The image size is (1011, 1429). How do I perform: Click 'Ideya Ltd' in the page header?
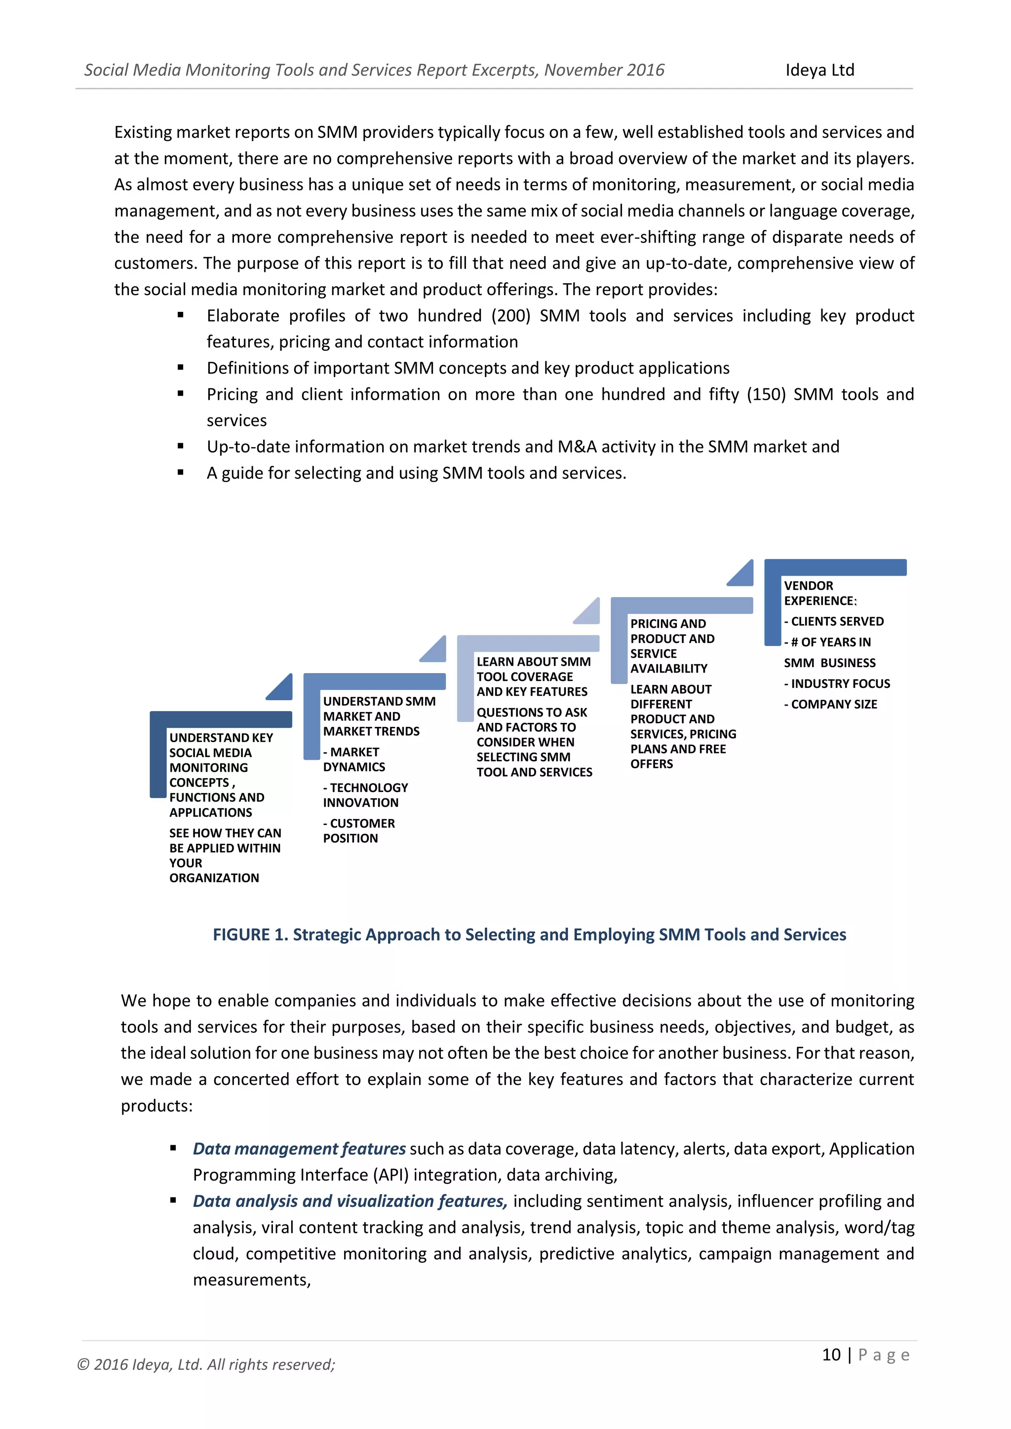tap(819, 71)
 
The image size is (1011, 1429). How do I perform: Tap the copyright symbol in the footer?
tap(83, 1365)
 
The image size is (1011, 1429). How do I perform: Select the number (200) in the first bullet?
tap(510, 316)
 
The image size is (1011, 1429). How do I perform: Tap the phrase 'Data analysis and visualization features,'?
tap(350, 1201)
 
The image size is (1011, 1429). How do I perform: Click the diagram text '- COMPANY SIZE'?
tap(830, 705)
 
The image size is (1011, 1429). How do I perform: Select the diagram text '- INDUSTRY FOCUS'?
tap(837, 684)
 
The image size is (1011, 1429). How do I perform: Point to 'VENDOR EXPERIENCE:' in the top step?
tap(819, 593)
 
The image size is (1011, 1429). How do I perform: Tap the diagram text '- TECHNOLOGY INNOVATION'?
tap(365, 795)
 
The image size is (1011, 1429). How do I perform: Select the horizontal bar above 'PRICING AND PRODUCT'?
tap(682, 605)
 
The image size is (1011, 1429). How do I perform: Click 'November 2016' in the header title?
tap(604, 71)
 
